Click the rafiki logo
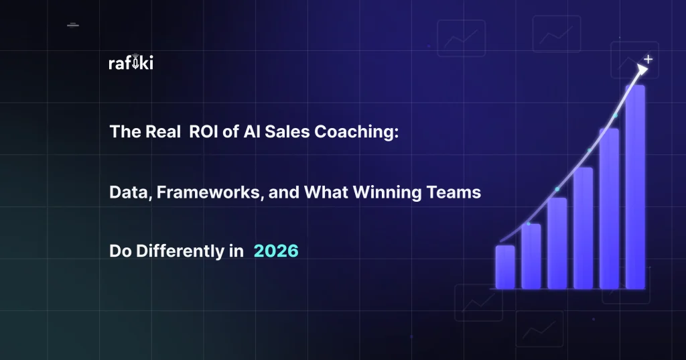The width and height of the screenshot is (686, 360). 131,64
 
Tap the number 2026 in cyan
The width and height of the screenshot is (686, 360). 276,251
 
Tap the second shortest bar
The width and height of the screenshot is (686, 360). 531,256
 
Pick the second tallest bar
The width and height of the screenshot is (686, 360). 609,208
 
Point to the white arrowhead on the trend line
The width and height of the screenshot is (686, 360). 642,68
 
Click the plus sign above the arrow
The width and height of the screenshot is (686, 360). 648,59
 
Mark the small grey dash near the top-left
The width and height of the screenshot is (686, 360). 73,26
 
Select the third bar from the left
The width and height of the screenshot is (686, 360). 557,243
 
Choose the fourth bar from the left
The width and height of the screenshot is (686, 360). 583,228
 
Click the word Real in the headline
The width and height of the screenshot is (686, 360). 161,133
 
